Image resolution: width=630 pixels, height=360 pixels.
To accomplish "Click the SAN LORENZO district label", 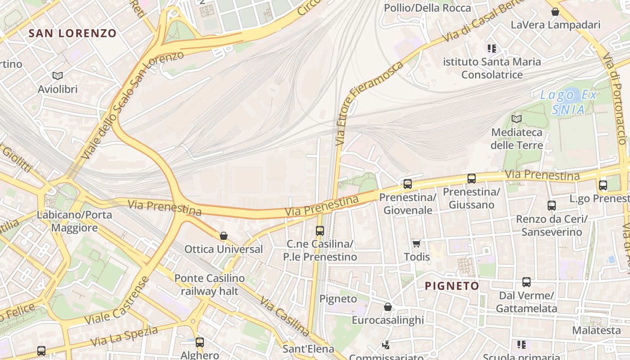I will click(72, 33).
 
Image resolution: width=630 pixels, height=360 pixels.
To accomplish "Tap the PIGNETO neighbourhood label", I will click(452, 286).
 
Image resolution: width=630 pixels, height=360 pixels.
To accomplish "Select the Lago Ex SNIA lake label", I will click(569, 102).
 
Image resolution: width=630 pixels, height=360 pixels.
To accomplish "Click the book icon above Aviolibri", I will click(58, 76).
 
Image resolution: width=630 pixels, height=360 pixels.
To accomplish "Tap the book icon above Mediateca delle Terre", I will click(517, 119).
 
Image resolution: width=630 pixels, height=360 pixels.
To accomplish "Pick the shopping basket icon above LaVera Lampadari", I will click(555, 12).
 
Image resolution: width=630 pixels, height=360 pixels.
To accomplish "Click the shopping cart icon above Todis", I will click(417, 243).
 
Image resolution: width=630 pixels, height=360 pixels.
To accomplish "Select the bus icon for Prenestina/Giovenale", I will click(408, 184).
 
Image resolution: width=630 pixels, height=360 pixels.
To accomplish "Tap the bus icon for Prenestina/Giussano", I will click(472, 179).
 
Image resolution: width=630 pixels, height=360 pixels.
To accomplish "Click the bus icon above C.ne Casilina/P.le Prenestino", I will click(320, 231).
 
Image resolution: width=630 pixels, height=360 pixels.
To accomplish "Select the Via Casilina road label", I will click(284, 317).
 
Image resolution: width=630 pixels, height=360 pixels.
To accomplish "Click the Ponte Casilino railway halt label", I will click(209, 284).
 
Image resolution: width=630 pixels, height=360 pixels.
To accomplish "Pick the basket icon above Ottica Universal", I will click(224, 236).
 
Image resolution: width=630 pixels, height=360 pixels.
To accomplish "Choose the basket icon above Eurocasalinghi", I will click(388, 307).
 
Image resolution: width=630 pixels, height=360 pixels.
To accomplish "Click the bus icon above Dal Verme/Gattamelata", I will click(526, 282).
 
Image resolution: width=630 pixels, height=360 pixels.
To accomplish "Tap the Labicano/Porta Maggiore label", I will click(74, 221).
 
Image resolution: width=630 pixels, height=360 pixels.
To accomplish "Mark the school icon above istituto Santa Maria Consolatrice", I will click(491, 48).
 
